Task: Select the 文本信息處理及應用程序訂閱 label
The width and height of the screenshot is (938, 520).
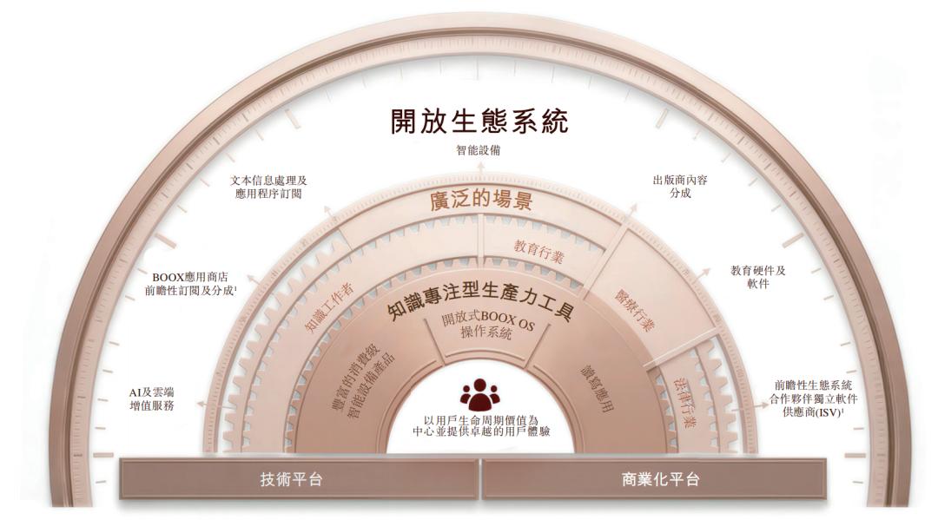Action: point(270,187)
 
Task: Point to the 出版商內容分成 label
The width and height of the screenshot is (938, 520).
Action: point(680,187)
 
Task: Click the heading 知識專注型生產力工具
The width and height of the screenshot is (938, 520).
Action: point(480,299)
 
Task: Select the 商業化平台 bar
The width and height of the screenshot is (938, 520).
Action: point(661,479)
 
